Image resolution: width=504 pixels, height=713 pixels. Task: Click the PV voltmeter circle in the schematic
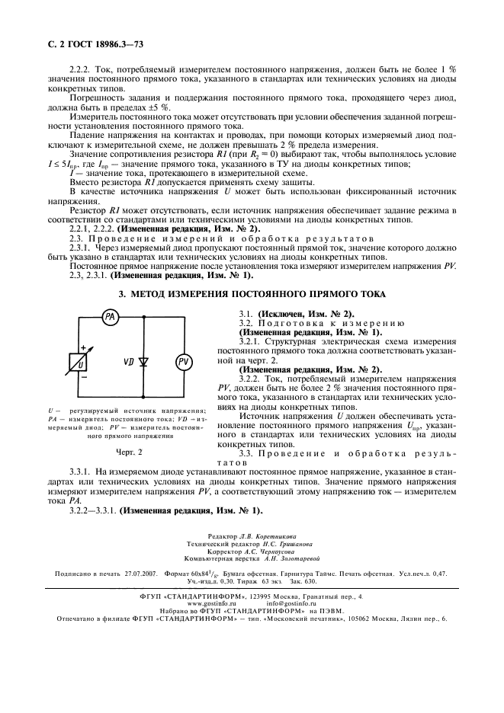[183, 363]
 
